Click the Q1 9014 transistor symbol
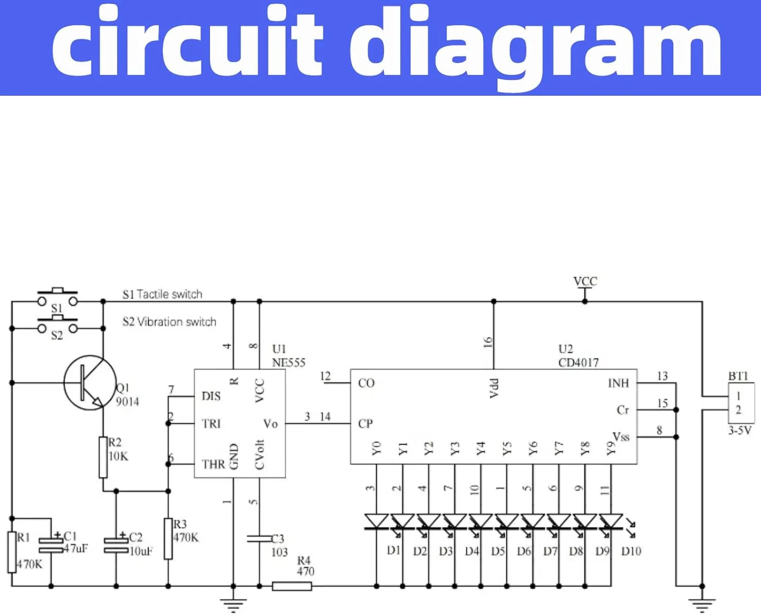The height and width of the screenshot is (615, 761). tap(89, 383)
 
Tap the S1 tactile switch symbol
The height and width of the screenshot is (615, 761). tap(57, 299)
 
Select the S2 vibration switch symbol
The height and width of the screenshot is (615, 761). tap(57, 326)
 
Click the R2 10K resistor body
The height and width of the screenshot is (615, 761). tap(103, 457)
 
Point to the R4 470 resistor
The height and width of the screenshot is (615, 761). tap(292, 586)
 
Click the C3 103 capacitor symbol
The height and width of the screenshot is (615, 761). tap(259, 538)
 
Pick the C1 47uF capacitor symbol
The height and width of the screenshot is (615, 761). tap(51, 544)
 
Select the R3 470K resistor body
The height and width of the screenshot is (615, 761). tap(168, 538)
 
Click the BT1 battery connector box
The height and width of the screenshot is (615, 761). tap(741, 403)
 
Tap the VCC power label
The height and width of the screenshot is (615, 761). tap(585, 282)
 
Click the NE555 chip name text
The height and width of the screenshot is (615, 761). tap(289, 363)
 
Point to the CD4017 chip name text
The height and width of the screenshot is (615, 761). tap(578, 363)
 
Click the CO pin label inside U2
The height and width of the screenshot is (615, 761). tap(366, 383)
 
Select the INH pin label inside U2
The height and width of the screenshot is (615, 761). tap(618, 383)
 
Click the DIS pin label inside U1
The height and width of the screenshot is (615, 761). tap(211, 396)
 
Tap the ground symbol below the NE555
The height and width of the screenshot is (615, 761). tap(233, 604)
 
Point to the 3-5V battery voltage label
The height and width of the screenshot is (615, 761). tap(740, 430)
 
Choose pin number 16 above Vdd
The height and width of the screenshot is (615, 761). tap(488, 342)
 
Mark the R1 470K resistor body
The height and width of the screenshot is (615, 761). tap(12, 552)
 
